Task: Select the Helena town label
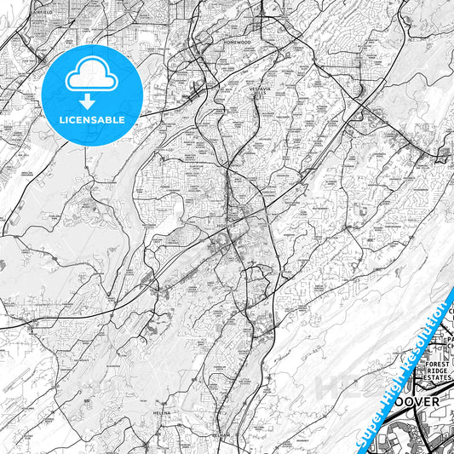point(162,412)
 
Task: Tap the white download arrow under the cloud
point(91,101)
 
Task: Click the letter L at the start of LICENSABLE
point(61,120)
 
